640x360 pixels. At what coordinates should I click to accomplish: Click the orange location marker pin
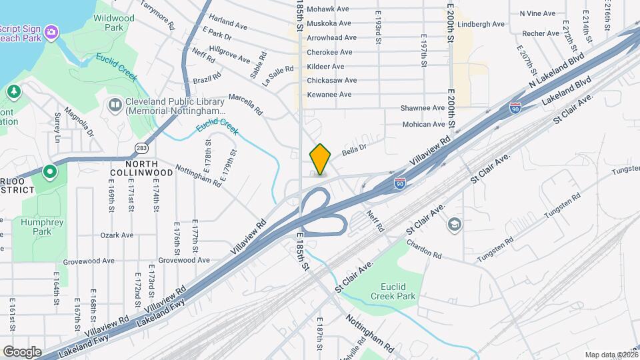click(321, 159)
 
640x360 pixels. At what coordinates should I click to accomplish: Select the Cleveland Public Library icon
click(115, 105)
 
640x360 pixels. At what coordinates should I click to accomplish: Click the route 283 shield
click(141, 147)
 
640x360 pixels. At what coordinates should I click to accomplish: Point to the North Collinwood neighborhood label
click(143, 168)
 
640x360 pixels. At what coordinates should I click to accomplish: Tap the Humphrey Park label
click(35, 227)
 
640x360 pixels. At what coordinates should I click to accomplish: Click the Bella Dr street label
click(355, 151)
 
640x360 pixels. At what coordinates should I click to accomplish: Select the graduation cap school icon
click(455, 224)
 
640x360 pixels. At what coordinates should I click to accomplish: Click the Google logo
click(22, 351)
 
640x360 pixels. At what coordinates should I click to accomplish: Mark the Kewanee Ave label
click(329, 95)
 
